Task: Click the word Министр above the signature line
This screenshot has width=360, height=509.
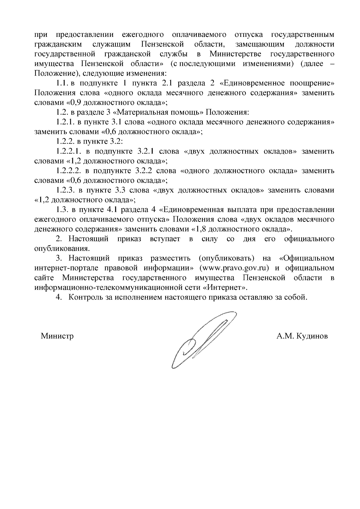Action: (57, 336)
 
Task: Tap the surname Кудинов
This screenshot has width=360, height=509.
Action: (312, 336)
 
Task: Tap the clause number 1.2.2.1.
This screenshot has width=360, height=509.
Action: (69, 151)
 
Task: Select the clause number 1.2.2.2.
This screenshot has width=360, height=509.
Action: (69, 171)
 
